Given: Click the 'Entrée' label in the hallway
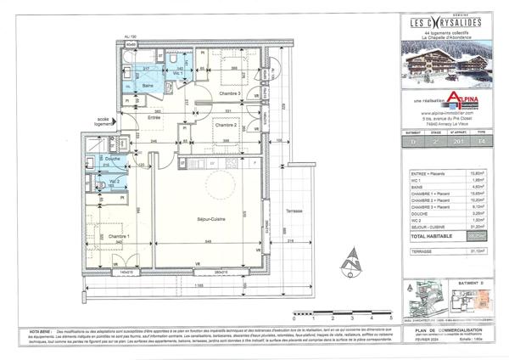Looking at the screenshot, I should pos(154,117).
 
